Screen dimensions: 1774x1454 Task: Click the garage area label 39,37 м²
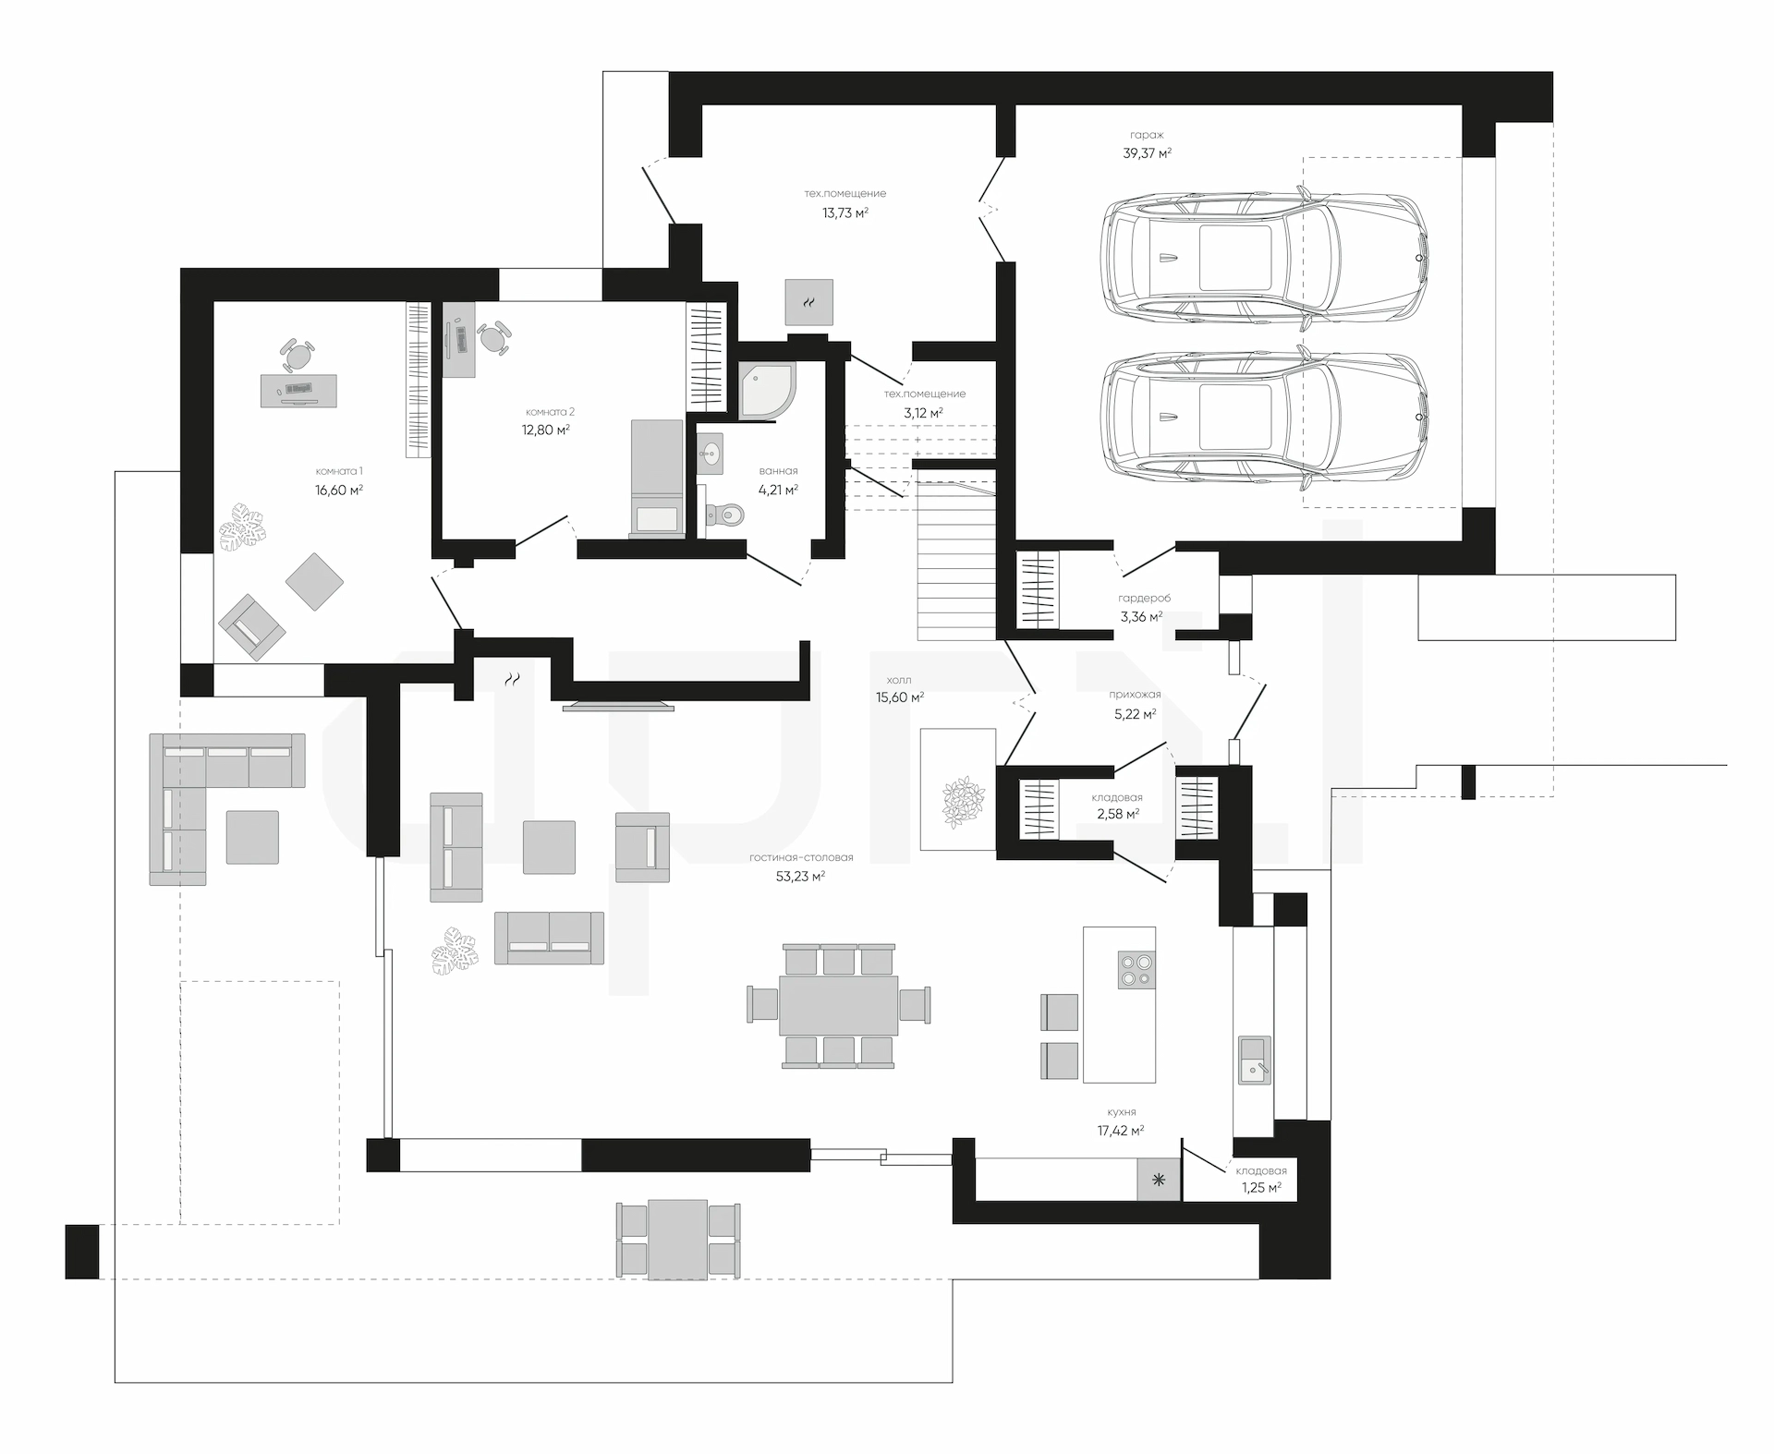click(x=1148, y=153)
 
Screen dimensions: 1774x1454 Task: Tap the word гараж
click(x=1147, y=135)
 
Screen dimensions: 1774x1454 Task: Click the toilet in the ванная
click(x=725, y=514)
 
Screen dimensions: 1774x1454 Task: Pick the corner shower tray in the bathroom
click(x=767, y=391)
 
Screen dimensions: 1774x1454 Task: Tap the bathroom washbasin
click(x=710, y=453)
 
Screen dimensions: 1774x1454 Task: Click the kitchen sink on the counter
click(x=1254, y=1060)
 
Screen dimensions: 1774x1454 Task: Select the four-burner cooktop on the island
click(x=1136, y=970)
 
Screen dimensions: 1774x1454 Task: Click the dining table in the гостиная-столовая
click(x=839, y=1005)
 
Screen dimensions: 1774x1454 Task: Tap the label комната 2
click(x=550, y=412)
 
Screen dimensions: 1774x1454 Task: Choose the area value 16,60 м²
click(x=339, y=490)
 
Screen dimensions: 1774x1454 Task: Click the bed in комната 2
click(x=657, y=479)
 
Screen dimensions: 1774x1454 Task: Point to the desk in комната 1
click(x=298, y=391)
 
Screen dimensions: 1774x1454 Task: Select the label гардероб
click(x=1144, y=599)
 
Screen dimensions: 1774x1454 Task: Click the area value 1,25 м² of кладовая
click(x=1261, y=1188)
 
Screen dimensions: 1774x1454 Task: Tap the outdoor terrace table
click(x=677, y=1240)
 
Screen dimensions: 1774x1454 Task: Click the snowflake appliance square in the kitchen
click(x=1159, y=1180)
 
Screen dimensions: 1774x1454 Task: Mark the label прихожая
click(x=1136, y=695)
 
